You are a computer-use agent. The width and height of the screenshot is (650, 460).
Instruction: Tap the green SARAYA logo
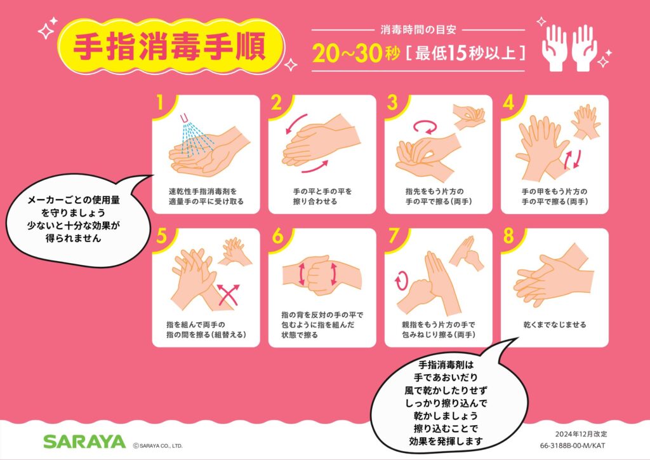(x=84, y=442)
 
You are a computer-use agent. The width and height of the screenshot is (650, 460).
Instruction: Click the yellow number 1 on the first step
(x=159, y=103)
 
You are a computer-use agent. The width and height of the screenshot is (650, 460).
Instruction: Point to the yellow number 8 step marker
(x=509, y=236)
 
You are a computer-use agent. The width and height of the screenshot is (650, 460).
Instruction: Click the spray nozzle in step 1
(x=185, y=119)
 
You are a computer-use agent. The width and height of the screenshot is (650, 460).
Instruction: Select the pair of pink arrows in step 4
(x=573, y=159)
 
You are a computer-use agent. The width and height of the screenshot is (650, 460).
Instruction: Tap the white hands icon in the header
(x=569, y=48)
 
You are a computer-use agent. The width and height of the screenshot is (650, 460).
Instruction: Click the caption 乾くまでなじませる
(x=555, y=325)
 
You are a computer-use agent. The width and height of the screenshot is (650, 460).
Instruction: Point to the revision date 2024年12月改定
(x=581, y=434)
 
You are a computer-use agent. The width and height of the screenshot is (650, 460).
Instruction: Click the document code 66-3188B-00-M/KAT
(x=572, y=446)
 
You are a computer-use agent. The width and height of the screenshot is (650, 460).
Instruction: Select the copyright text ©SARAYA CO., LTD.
(x=157, y=446)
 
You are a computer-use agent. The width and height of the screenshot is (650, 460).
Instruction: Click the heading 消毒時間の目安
(x=418, y=29)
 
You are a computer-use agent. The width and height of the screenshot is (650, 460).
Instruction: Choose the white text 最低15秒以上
(x=465, y=54)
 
